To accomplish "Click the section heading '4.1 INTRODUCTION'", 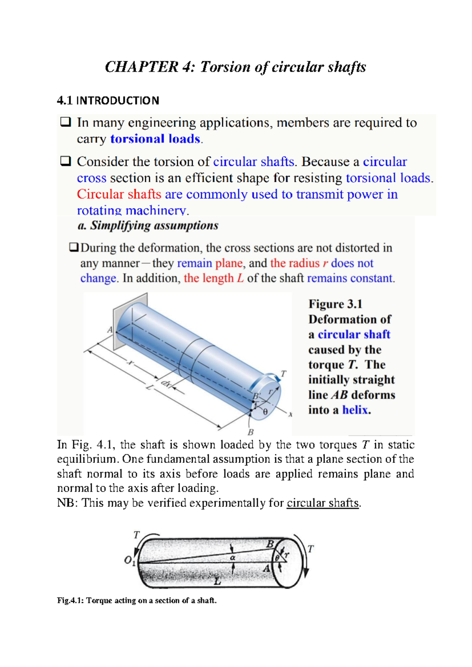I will coord(108,101).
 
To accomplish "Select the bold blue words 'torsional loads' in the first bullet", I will coord(155,139).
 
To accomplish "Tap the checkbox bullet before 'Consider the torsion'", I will coord(65,161).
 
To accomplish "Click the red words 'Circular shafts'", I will coord(119,194).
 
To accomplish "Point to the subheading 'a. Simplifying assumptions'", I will coord(148,226).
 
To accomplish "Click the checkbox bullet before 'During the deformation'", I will coord(74,247).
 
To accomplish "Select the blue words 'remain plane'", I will coord(210,263).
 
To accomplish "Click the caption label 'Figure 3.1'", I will coord(335,304).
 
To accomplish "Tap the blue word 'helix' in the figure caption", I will coord(355,410).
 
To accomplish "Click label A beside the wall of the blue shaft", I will coord(110,330).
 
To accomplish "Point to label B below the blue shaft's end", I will coord(251,432).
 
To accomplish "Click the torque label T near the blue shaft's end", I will coord(284,373).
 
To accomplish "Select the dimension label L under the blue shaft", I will coord(149,387).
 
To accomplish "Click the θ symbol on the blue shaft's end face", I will coord(265,412).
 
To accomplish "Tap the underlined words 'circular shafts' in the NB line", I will coord(323,503).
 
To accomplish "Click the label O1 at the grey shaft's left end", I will coord(129,560).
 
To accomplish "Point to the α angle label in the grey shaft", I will coord(232,558).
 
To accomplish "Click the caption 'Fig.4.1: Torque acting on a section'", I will coord(136,601).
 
